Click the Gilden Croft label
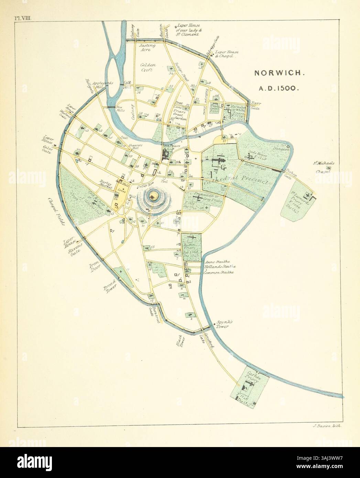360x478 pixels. pyautogui.click(x=148, y=67)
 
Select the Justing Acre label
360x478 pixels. pyautogui.click(x=147, y=47)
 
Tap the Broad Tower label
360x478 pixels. pyautogui.click(x=110, y=285)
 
